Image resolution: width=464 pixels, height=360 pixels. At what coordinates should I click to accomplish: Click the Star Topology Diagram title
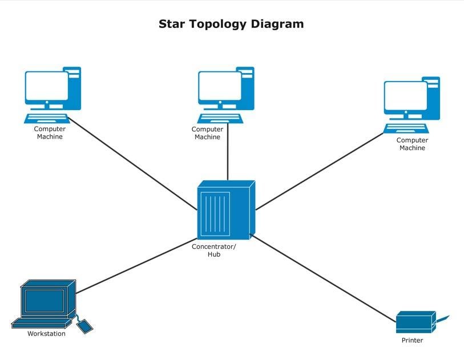(231, 24)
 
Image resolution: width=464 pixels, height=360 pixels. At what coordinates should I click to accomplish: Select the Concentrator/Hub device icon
(225, 210)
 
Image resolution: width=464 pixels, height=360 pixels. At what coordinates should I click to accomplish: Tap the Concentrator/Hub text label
(213, 250)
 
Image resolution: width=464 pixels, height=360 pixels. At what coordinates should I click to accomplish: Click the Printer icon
(416, 322)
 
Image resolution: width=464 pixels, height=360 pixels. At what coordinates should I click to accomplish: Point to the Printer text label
(412, 341)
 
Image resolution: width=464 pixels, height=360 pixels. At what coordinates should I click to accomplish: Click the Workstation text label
(46, 334)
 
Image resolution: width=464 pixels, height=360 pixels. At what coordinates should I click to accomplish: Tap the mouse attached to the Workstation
(84, 326)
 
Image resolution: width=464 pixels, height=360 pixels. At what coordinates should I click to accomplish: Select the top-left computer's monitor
(46, 86)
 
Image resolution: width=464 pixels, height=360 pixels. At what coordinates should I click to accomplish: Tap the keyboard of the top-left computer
(47, 118)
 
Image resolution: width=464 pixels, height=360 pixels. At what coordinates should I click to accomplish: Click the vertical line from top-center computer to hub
(228, 153)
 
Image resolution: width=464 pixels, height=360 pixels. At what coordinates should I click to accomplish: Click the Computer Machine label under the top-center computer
(207, 133)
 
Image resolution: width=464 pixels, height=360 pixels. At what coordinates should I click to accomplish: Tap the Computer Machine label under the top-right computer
(412, 144)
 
